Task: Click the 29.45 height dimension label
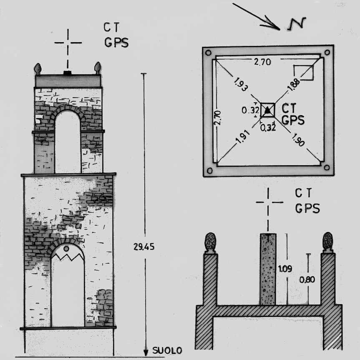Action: point(144,247)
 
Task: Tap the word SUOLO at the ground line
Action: point(167,351)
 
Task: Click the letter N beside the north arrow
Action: point(297,24)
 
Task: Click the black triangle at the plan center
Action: point(267,111)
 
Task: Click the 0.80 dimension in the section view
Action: point(307,280)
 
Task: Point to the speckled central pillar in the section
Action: point(268,269)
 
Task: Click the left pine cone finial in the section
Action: point(210,242)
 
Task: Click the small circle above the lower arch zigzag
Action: point(66,249)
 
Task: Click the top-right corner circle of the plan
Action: point(327,53)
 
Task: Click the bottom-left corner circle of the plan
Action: point(210,170)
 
